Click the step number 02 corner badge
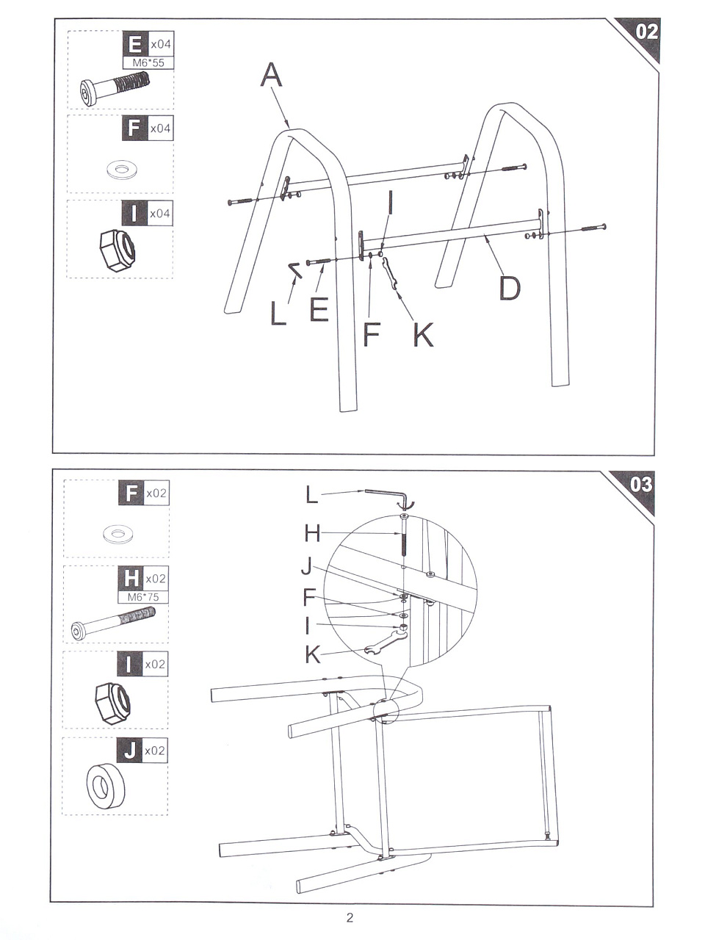(x=641, y=37)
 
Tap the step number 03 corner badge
(x=637, y=488)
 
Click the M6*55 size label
(x=148, y=63)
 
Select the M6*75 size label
(x=143, y=597)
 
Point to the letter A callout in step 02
(x=272, y=75)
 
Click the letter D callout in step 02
(x=510, y=288)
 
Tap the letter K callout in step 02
(x=423, y=334)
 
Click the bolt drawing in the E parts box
(x=115, y=89)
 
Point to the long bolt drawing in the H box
(x=113, y=621)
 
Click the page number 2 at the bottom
(x=350, y=917)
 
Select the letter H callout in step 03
(x=312, y=534)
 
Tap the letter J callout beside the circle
(x=307, y=566)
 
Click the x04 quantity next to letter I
(x=160, y=213)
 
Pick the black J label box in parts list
(x=130, y=750)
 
